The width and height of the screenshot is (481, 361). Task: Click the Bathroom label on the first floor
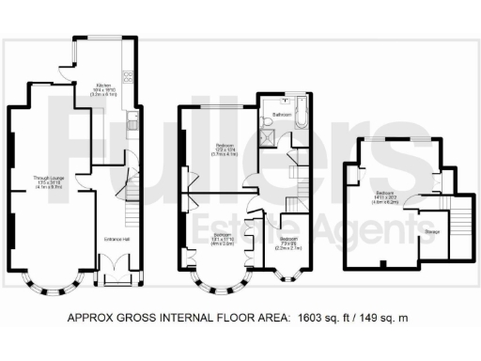pos(280,115)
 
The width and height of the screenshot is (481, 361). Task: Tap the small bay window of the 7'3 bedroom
pos(289,276)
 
